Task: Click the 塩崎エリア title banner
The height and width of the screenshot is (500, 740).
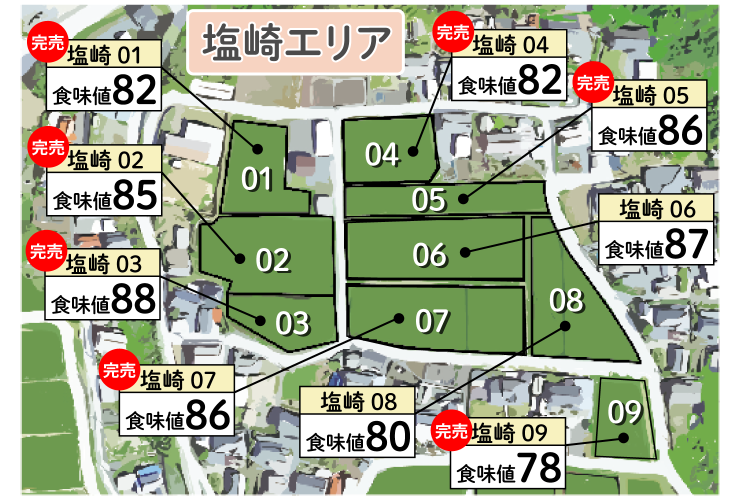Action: [x=295, y=42]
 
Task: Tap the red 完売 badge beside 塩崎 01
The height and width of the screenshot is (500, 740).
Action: [x=47, y=42]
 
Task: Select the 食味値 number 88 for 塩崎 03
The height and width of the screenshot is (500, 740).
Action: [x=133, y=299]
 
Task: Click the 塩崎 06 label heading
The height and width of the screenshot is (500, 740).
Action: [x=656, y=208]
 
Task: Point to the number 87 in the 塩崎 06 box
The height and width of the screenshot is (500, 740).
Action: [x=686, y=244]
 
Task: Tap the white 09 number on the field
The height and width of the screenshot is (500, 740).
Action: [x=625, y=412]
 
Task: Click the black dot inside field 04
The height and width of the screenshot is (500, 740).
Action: [x=413, y=151]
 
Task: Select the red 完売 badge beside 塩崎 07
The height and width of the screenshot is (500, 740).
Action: [x=119, y=370]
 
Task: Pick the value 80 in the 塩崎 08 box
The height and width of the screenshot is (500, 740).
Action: [x=388, y=436]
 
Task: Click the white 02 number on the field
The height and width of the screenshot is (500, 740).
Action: [x=273, y=260]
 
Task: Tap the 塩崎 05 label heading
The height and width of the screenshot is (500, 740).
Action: [x=650, y=95]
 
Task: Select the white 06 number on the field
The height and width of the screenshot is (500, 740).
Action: [x=429, y=254]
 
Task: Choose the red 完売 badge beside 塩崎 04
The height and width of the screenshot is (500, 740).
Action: [x=452, y=32]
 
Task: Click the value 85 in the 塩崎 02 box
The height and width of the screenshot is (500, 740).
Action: [x=135, y=195]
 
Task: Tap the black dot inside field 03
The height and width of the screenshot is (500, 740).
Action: [x=260, y=320]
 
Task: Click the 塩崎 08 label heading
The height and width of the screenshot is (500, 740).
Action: [x=358, y=401]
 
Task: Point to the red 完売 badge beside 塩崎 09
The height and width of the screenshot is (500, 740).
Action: [x=451, y=430]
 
